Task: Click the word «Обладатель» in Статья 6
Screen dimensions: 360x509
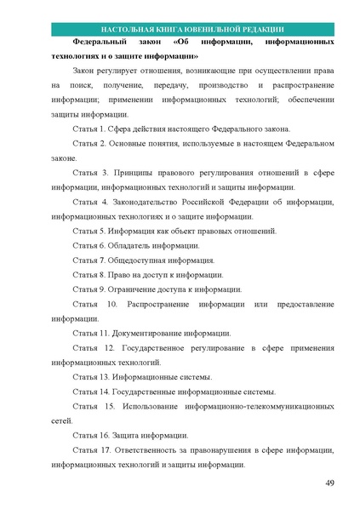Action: coord(129,246)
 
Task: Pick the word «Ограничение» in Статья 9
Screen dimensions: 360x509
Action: coord(134,289)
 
